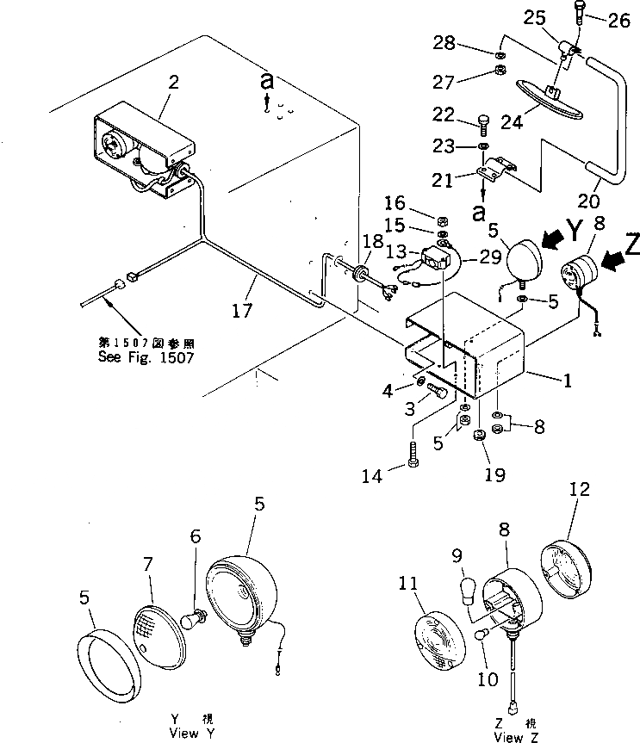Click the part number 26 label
[619, 22]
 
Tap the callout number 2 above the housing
[174, 83]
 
